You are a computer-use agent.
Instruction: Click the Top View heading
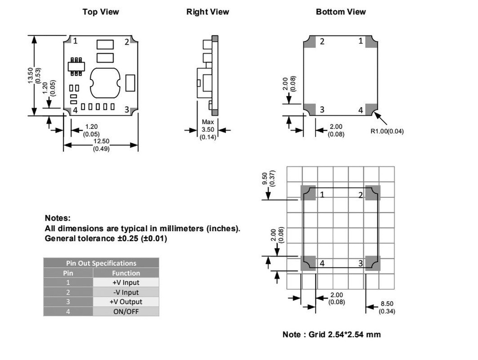coord(100,12)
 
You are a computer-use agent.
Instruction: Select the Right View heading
coord(208,12)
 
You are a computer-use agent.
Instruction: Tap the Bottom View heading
coord(341,12)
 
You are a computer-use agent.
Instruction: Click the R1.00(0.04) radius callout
coord(387,131)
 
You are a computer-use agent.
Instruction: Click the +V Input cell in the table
coord(126,283)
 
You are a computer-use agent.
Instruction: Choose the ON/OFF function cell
coord(126,312)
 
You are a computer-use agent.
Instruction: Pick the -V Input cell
coord(126,292)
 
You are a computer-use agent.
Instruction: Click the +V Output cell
coord(126,302)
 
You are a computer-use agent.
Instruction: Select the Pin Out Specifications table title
coord(101,263)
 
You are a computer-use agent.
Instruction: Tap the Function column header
coord(126,273)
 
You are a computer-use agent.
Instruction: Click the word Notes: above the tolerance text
coord(57,218)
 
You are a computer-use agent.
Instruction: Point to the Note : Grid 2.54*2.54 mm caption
coord(331,334)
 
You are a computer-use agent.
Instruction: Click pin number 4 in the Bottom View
coord(360,110)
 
